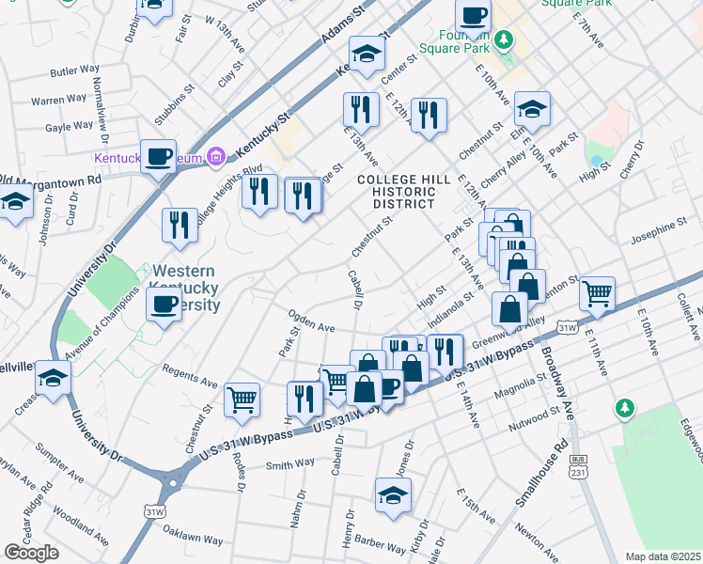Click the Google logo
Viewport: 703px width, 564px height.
(31, 552)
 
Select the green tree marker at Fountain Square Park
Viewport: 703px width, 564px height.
(506, 39)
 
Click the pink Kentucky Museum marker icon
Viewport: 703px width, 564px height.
(215, 155)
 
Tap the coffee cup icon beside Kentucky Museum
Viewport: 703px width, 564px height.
(159, 155)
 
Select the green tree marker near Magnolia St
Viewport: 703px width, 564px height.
(622, 408)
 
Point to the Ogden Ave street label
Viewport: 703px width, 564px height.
(311, 322)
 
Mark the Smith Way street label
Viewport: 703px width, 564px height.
(290, 463)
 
